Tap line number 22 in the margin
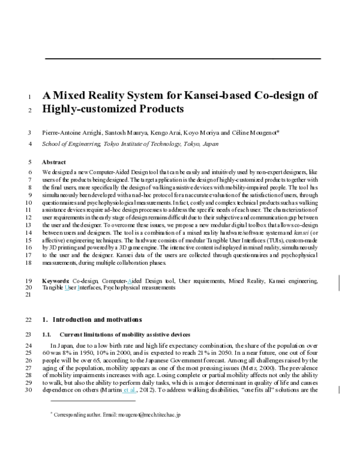28,319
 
